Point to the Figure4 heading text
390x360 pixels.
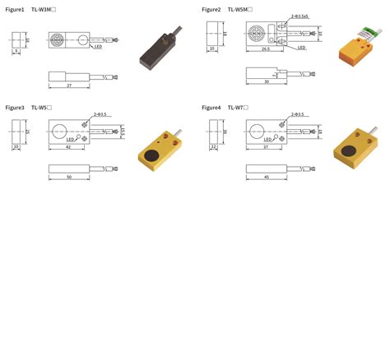tap(211, 108)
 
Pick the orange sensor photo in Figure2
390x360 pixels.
tap(355, 49)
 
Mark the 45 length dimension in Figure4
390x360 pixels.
tap(266, 177)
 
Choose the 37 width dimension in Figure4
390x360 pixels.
tap(265, 148)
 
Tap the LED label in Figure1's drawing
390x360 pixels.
tap(98, 47)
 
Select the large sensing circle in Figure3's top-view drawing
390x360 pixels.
tap(59, 130)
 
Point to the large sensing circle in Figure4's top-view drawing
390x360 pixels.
tap(257, 130)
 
